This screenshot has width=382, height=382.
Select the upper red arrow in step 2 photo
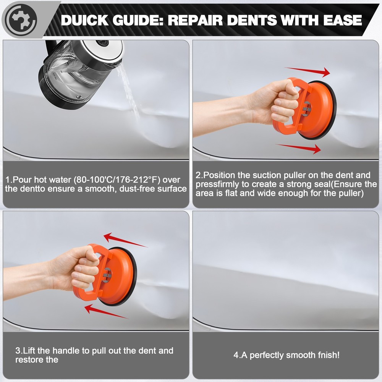[308, 71]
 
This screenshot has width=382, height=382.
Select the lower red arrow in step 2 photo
[298, 149]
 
